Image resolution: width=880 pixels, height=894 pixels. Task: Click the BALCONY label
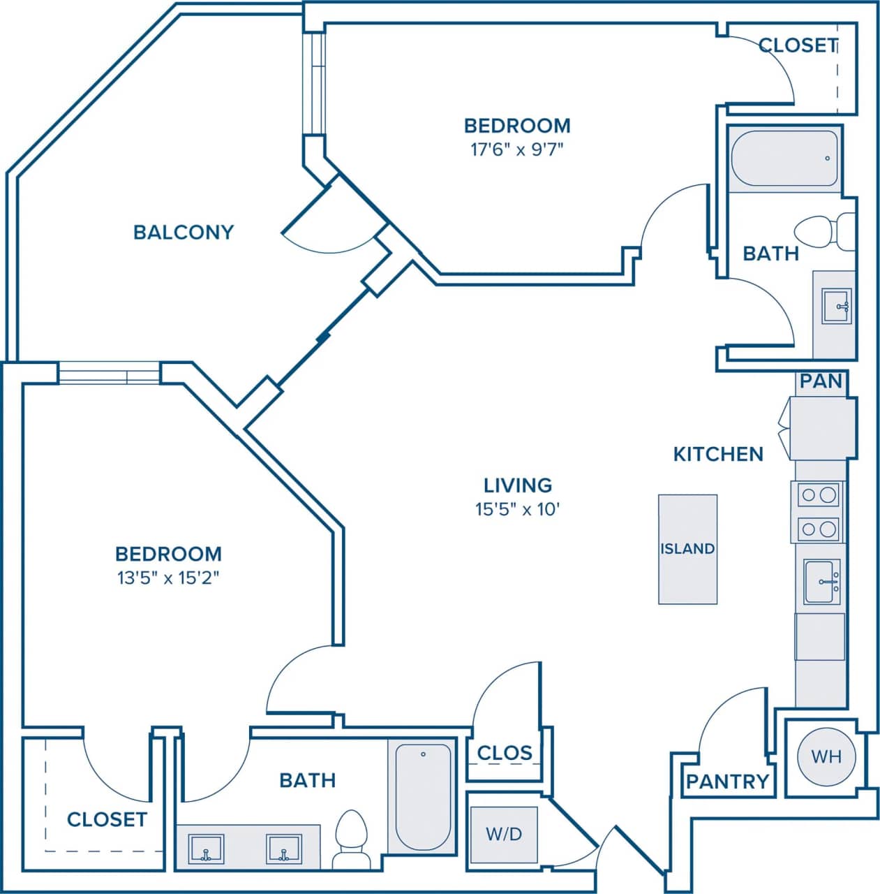click(184, 232)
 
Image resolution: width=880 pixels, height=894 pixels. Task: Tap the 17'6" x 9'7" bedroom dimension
click(516, 149)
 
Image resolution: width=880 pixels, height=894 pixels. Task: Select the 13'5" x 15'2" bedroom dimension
click(168, 578)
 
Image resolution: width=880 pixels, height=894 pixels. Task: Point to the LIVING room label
click(518, 485)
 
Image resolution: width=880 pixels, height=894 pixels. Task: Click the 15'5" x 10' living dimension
click(518, 509)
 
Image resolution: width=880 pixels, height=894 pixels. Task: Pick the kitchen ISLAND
click(687, 549)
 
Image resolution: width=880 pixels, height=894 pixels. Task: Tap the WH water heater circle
click(826, 756)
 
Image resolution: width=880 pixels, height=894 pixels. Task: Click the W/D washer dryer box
click(504, 835)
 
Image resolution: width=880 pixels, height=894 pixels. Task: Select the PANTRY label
click(727, 782)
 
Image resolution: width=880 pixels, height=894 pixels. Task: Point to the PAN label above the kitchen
click(821, 381)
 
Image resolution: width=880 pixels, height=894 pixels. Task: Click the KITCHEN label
click(718, 454)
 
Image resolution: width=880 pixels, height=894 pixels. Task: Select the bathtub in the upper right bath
click(784, 159)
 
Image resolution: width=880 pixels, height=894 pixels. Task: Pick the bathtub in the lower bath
click(423, 796)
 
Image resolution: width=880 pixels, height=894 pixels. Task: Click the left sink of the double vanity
click(207, 849)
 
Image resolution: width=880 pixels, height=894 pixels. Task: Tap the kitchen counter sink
click(822, 582)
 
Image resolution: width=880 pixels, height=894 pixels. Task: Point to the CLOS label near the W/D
click(504, 753)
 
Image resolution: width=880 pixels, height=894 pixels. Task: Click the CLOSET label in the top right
click(798, 45)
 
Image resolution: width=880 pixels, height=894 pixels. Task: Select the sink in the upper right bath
click(836, 306)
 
